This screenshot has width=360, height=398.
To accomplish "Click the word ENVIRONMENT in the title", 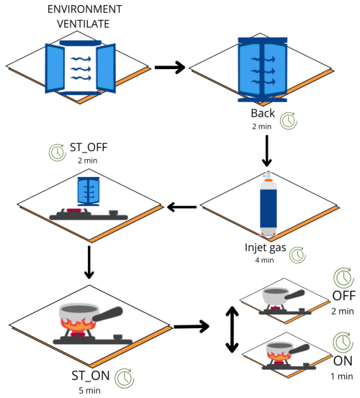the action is [x=84, y=9].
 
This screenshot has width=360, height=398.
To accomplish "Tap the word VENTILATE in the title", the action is [x=84, y=24].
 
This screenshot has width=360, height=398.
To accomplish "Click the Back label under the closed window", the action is [x=263, y=113].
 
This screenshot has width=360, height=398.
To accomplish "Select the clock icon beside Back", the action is [x=289, y=121].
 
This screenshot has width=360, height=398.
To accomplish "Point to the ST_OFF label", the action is [x=89, y=148].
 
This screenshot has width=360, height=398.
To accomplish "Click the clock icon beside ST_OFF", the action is [x=58, y=153].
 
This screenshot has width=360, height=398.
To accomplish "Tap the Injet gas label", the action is [x=265, y=248].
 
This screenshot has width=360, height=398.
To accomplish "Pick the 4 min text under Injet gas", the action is [x=264, y=260].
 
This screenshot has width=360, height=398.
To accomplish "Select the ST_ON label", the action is [x=91, y=376].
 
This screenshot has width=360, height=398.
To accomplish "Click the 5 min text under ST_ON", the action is [x=89, y=390].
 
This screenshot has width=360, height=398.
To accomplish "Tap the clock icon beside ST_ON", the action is [x=124, y=378].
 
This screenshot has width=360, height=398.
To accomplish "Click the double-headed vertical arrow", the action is [x=232, y=330].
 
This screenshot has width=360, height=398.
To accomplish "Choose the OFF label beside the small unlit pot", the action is [x=343, y=296].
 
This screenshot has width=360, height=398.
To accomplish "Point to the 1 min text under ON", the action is [x=342, y=376].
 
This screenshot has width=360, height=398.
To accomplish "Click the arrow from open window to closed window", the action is [x=170, y=68].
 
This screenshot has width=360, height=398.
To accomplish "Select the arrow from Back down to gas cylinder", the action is [x=267, y=150].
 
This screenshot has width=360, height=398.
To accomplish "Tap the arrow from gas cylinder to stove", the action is [x=181, y=207].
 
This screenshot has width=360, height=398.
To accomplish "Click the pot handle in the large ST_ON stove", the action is [x=108, y=314].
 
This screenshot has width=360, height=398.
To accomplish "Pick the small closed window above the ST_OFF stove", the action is [x=89, y=191].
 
